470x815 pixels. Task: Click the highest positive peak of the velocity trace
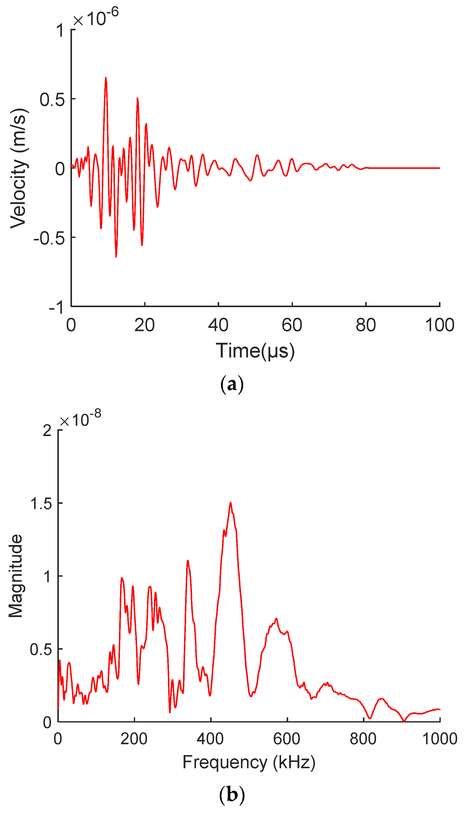tap(106, 78)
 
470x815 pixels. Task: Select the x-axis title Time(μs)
tap(255, 351)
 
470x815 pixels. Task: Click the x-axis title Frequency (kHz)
tap(249, 762)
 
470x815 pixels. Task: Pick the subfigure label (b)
tap(232, 794)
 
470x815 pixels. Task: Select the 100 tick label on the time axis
tap(439, 325)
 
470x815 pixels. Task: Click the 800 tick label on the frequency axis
tap(363, 739)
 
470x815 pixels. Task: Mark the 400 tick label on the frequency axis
tap(210, 739)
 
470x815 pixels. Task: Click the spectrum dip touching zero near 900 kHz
tap(404, 721)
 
